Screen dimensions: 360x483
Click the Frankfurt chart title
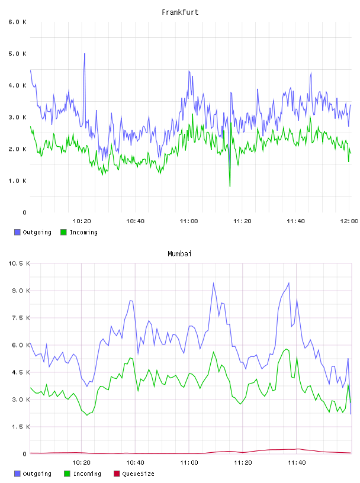pos(180,12)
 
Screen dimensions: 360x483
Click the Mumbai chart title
pos(179,254)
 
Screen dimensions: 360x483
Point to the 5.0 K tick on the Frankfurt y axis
pos(18,54)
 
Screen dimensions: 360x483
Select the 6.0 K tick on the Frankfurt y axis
pos(18,22)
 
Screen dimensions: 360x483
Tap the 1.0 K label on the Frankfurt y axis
pos(18,181)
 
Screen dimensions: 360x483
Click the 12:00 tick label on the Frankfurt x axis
pos(349,221)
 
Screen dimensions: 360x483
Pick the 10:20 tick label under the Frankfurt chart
pos(82,221)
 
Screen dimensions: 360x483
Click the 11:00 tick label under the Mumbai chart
pos(189,463)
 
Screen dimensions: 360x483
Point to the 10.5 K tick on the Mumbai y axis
pos(19,263)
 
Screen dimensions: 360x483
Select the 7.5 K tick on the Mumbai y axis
pos(21,318)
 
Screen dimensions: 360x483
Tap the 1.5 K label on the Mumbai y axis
pos(21,427)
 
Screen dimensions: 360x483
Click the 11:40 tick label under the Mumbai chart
pos(297,463)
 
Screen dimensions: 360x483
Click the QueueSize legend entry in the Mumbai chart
pos(134,474)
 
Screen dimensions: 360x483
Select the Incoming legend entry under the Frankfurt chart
pos(79,232)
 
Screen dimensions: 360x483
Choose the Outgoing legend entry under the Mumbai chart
pos(33,474)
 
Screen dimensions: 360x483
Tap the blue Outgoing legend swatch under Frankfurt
pos(17,232)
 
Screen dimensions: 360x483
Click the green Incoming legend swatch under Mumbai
pos(67,474)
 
